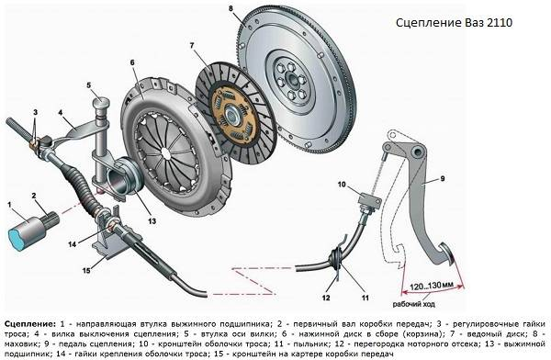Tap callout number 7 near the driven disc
(x=190, y=46)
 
